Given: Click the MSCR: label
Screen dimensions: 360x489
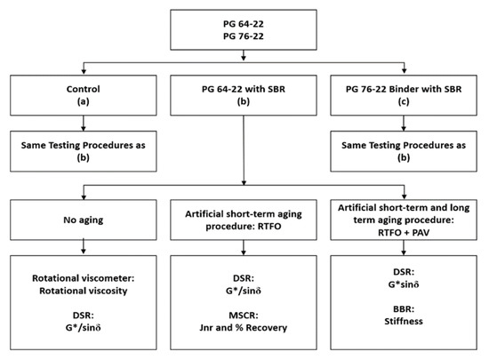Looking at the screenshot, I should (244, 311).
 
